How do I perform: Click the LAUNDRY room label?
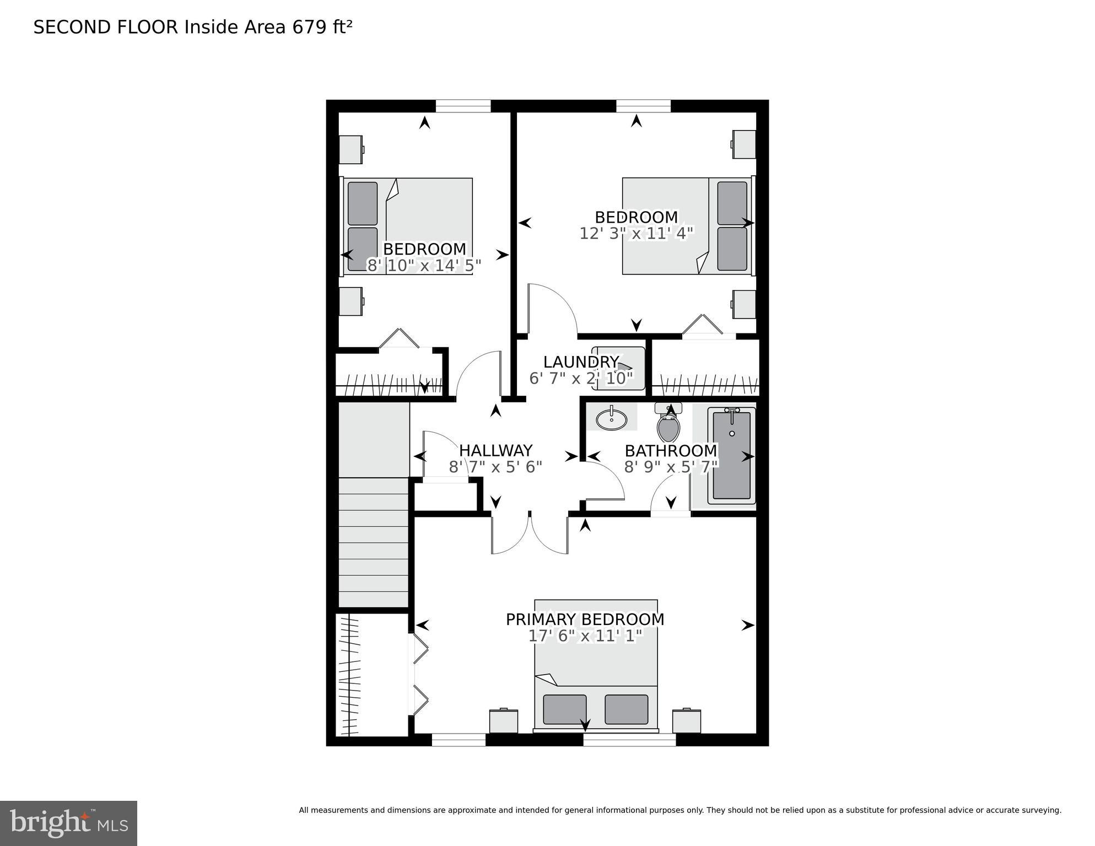click(581, 362)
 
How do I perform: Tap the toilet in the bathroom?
click(668, 427)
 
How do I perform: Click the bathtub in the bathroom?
click(731, 456)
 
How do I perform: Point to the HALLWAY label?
click(495, 451)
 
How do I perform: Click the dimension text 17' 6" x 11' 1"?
click(585, 636)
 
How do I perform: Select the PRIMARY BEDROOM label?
click(585, 619)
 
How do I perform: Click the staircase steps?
click(373, 543)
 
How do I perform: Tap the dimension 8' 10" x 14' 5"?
click(424, 266)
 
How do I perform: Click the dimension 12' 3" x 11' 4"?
click(636, 234)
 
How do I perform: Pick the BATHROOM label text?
click(671, 451)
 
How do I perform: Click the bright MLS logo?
click(68, 823)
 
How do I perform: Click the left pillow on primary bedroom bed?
click(564, 709)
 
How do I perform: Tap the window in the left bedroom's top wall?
click(463, 106)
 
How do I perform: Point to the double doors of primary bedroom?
click(530, 534)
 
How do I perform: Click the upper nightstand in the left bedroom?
click(350, 149)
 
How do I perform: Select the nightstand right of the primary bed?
click(686, 721)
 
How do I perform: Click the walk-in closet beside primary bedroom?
click(371, 675)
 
